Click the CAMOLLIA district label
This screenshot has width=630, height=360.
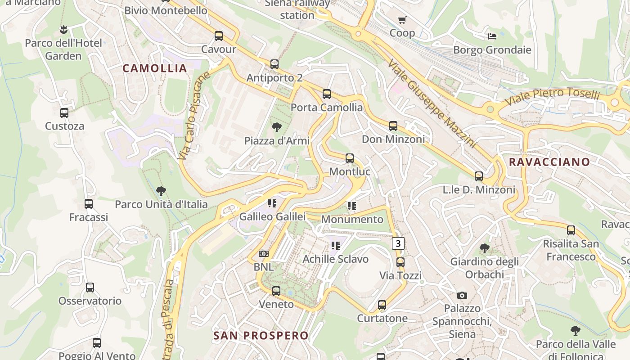154,68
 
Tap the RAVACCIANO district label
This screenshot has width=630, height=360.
549,162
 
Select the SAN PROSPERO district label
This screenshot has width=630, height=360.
261,335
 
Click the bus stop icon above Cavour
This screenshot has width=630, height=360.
219,36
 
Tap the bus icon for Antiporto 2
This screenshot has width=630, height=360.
274,64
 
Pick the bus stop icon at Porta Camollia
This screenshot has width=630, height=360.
327,94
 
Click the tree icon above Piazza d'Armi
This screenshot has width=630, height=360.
277,127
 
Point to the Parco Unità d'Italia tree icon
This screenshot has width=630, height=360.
161,191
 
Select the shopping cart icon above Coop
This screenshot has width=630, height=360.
402,20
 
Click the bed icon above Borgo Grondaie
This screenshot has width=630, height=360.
492,36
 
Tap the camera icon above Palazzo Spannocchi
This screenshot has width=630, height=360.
462,295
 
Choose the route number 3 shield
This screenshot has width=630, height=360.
398,243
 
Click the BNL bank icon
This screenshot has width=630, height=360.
264,254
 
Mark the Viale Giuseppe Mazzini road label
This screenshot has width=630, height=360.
431,103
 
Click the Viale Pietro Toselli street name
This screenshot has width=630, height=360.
553,97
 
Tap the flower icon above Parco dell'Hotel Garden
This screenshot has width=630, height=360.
63,30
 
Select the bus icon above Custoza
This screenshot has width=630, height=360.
64,113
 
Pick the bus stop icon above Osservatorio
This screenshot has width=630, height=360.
90,288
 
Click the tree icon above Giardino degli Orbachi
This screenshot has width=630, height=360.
485,248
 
